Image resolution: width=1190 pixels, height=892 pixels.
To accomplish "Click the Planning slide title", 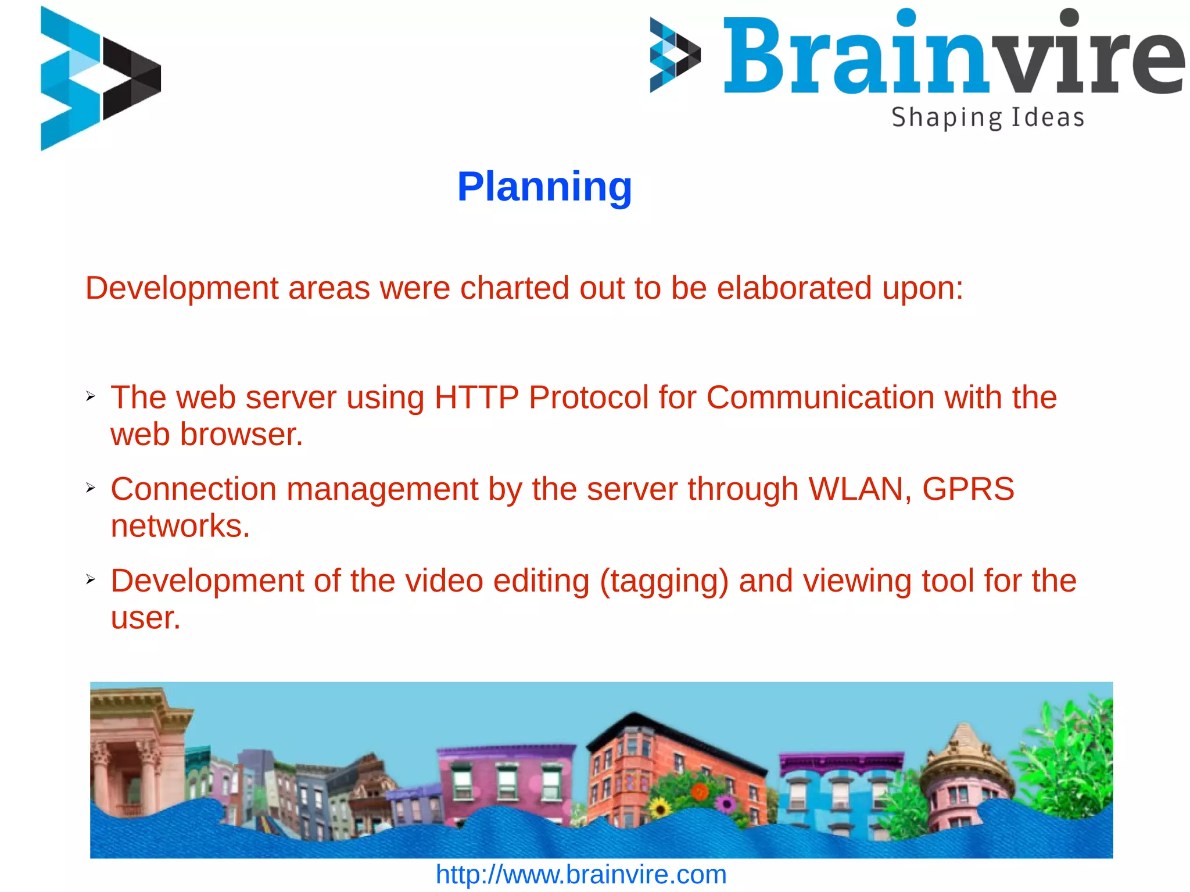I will pyautogui.click(x=544, y=187).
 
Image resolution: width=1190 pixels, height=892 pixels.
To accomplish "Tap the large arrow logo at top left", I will pyautogui.click(x=100, y=78).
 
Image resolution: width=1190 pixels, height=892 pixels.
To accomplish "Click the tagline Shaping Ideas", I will pyautogui.click(x=987, y=117).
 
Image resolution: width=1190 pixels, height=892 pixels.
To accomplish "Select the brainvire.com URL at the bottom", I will pyautogui.click(x=581, y=875).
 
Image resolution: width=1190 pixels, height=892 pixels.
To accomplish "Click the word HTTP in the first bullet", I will pyautogui.click(x=476, y=398).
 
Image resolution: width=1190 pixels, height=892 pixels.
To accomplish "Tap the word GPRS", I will pyautogui.click(x=968, y=489).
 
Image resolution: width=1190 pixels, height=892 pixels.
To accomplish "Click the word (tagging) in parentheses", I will pyautogui.click(x=664, y=581).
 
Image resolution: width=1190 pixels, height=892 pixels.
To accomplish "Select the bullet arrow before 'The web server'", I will pyautogui.click(x=91, y=396).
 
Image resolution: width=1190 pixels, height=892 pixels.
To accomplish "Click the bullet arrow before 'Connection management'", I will pyautogui.click(x=91, y=488).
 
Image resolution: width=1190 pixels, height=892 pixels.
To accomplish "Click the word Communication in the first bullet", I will pyautogui.click(x=820, y=398).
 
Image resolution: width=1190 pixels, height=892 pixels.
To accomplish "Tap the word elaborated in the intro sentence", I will pyautogui.click(x=794, y=288).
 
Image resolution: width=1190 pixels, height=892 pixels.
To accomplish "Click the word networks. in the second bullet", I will pyautogui.click(x=180, y=526).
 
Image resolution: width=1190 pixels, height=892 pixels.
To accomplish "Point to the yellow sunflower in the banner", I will pyautogui.click(x=659, y=808).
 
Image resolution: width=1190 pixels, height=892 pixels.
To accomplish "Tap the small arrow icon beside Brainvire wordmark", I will pyautogui.click(x=675, y=55).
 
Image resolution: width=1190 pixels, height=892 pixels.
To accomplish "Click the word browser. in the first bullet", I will pyautogui.click(x=241, y=435).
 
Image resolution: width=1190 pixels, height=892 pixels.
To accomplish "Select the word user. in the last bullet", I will pyautogui.click(x=146, y=618).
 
